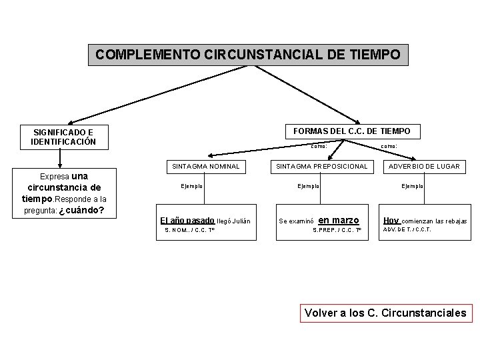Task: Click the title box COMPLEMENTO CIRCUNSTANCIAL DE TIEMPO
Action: coord(248,55)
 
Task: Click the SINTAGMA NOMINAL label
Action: coord(205,166)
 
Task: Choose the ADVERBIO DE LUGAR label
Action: coord(425,166)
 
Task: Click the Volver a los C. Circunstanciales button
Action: coord(385,312)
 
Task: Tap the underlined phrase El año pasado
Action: coord(187,220)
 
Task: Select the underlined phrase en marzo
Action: coord(339,220)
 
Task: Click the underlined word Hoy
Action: coord(391,220)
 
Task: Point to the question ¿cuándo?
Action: coord(81,211)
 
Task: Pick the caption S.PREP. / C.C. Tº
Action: coord(337,231)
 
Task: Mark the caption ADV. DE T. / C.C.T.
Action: coord(406,230)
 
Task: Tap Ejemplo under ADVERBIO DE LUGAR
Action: coord(412,186)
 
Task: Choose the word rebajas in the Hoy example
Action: coord(455,221)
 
